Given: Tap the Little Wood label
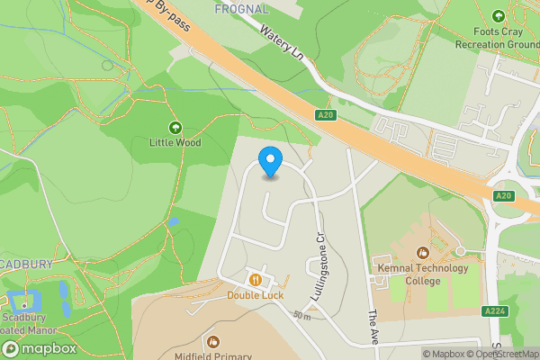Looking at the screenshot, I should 175,143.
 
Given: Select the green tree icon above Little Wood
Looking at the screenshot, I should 175,128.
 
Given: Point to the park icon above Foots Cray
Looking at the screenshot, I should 499,16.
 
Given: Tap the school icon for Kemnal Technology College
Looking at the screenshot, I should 423,253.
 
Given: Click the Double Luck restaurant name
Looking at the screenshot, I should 256,294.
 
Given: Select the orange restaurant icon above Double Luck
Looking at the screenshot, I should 256,279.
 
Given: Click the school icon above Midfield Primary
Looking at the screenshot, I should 213,341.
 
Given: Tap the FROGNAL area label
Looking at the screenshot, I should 242,9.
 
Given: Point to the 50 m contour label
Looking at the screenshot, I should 301,316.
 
